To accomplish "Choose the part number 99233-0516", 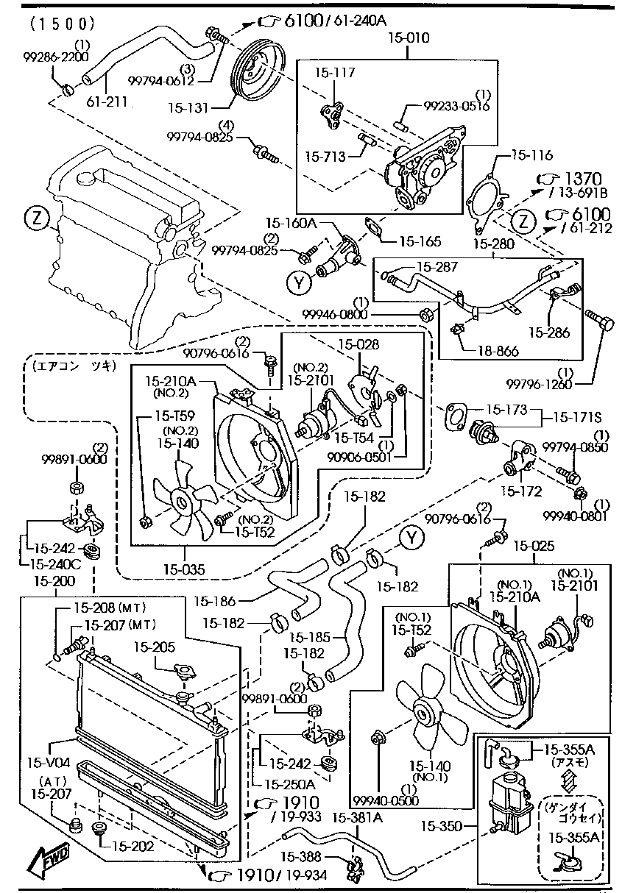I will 457,106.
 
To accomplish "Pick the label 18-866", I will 498,352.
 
